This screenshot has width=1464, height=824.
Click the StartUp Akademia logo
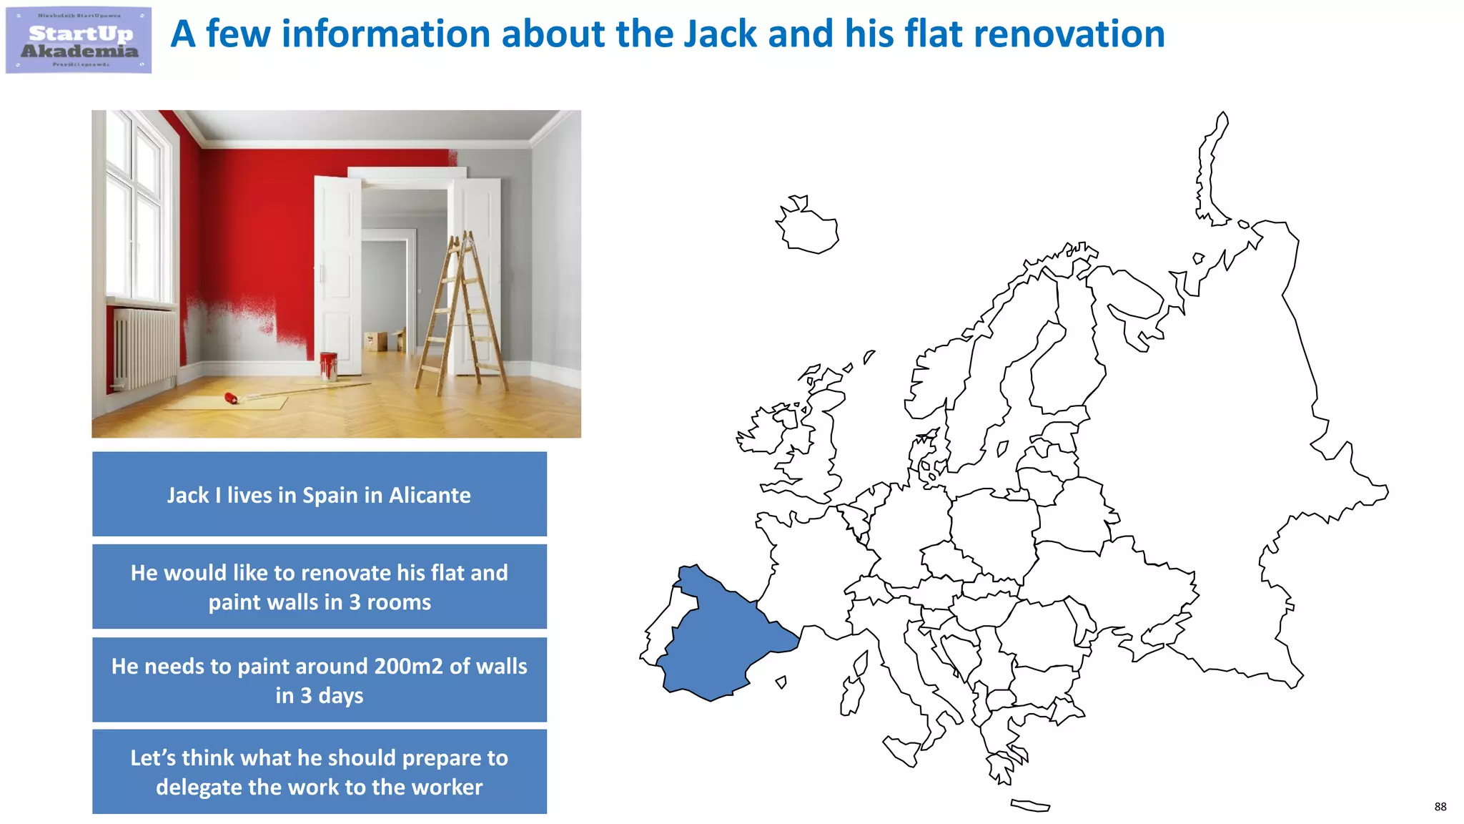pos(79,40)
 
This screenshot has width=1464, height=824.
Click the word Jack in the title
pos(720,34)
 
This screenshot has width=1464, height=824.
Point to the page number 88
pos(1440,807)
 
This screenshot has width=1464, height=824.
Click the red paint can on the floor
pos(329,366)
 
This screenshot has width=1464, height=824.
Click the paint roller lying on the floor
pos(233,398)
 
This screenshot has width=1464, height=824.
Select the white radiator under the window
pos(145,347)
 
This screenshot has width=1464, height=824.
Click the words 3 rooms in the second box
pos(390,602)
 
